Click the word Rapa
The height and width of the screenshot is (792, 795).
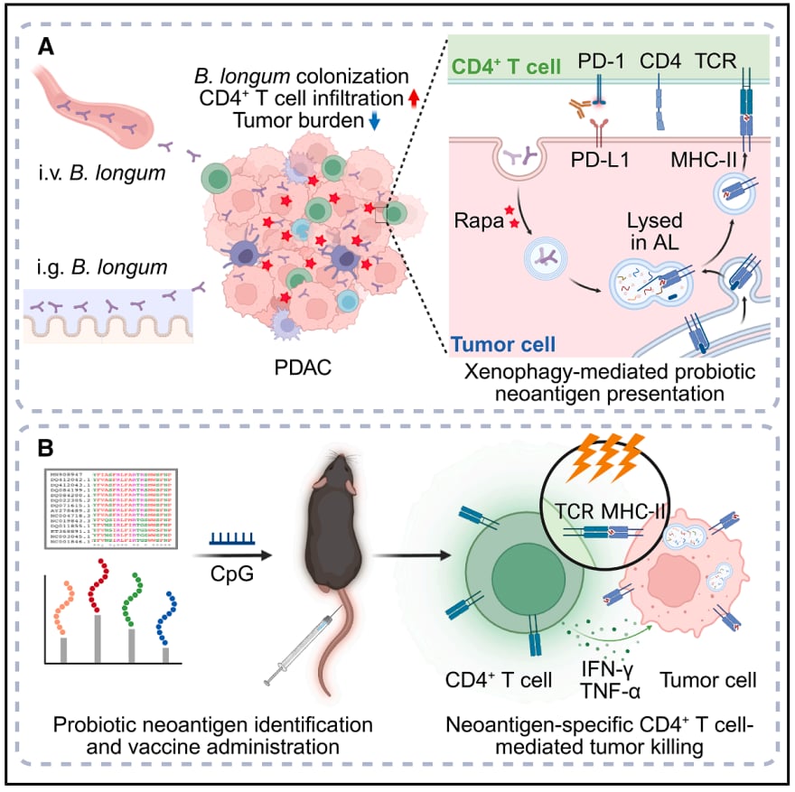477,219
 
